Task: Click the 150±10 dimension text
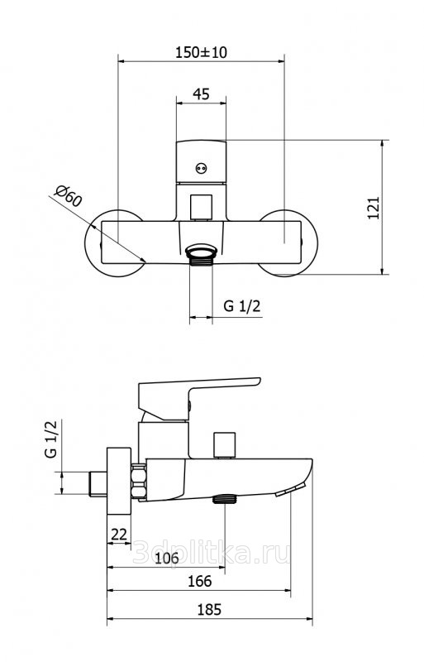201,52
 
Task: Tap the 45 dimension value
201,94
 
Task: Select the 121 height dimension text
374,208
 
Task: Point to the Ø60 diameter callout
68,195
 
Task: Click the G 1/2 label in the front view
241,305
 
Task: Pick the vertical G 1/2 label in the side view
50,439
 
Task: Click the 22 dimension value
118,534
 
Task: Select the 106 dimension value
167,558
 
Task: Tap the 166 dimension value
199,582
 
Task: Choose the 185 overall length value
209,610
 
